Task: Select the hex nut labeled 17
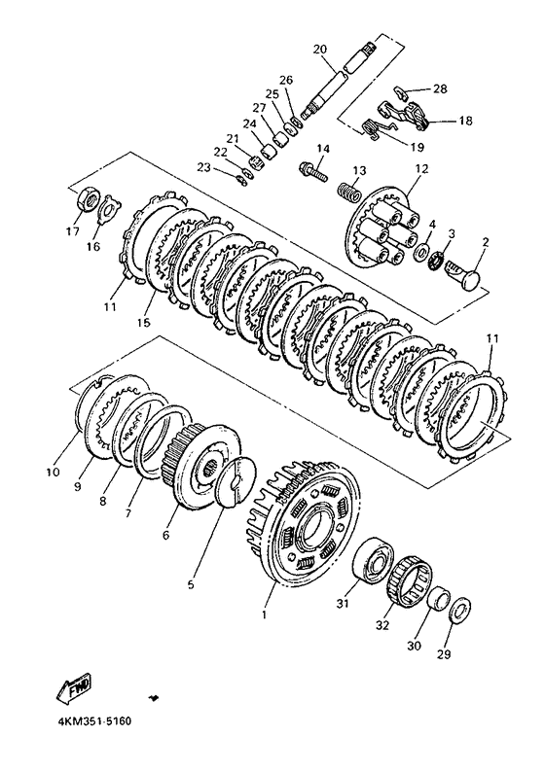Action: pyautogui.click(x=91, y=199)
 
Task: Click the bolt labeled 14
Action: pyautogui.click(x=313, y=172)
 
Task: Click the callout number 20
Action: pyautogui.click(x=320, y=50)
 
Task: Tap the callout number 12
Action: pyautogui.click(x=421, y=169)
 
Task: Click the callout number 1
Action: pyautogui.click(x=264, y=614)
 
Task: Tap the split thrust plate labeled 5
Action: pyautogui.click(x=236, y=482)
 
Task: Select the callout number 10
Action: pyautogui.click(x=54, y=472)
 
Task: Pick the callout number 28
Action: pyautogui.click(x=440, y=88)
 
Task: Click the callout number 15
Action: pyautogui.click(x=145, y=322)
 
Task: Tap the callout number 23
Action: pyautogui.click(x=203, y=168)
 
